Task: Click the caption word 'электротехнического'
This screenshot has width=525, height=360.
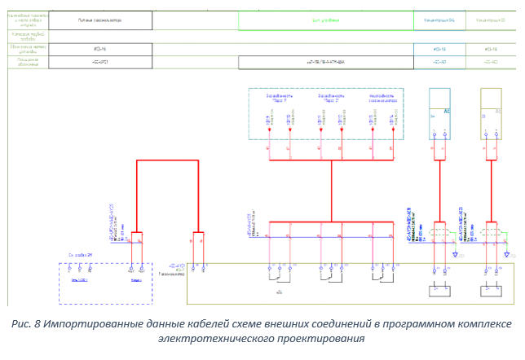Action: click(211, 338)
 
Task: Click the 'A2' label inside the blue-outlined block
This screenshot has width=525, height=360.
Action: click(447, 111)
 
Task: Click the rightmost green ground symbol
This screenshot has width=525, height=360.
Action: click(506, 254)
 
